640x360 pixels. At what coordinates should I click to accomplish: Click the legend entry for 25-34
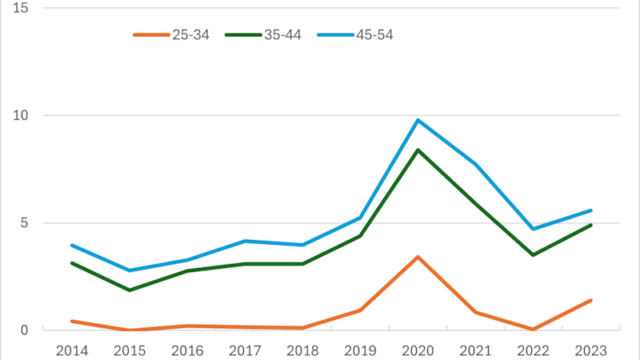171,34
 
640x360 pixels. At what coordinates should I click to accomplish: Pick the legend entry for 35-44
263,34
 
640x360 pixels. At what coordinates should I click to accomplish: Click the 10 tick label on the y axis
21,115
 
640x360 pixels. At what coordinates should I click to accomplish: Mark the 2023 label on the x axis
591,350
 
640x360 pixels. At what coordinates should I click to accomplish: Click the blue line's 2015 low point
130,270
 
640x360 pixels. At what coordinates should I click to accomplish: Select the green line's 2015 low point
130,290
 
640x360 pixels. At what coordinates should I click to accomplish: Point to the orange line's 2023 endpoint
591,300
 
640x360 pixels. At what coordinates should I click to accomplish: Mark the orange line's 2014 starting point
72,321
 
